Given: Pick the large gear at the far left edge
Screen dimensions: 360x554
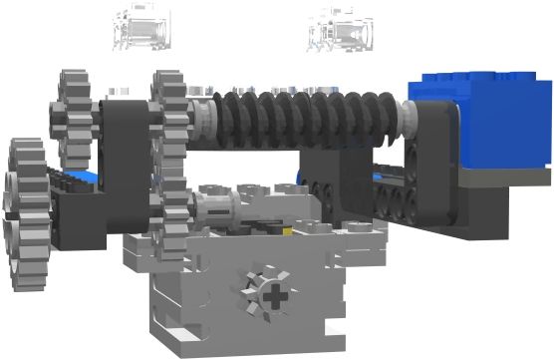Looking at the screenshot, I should tap(24, 215).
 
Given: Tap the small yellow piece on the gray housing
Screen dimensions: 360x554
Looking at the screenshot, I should tap(286, 226).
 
